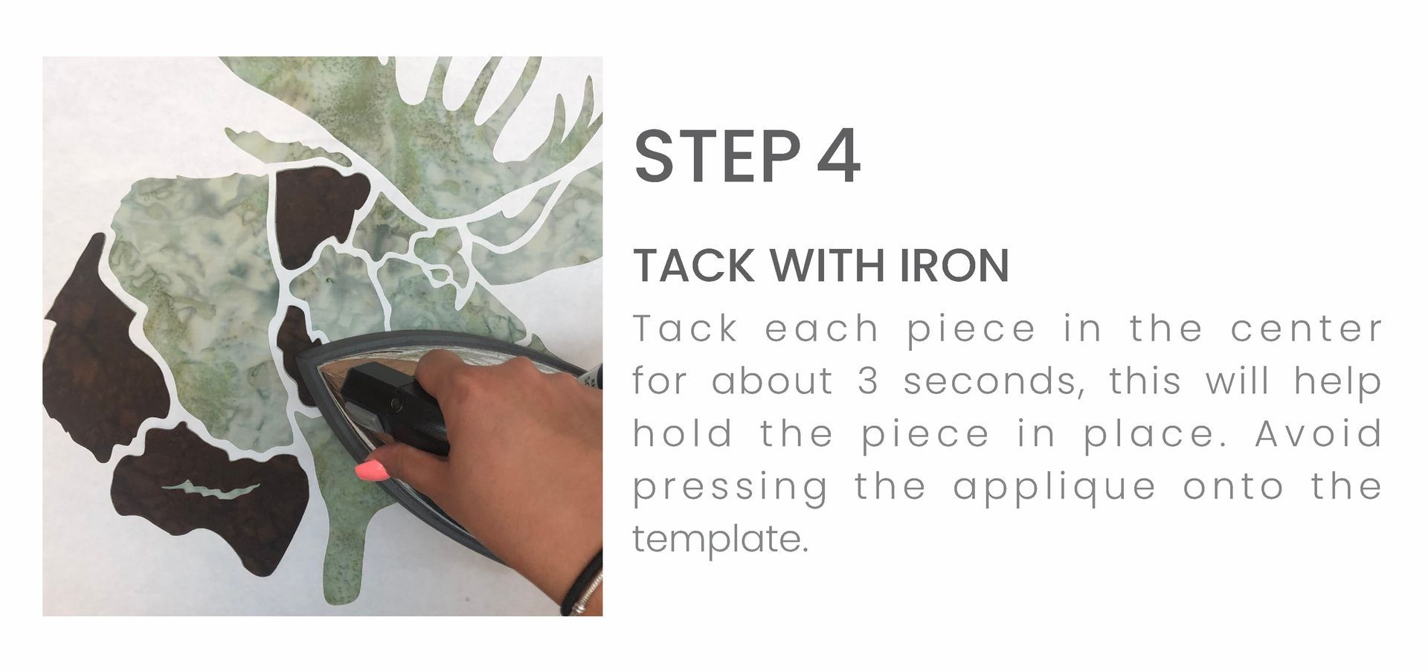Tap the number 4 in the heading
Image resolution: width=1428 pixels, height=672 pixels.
[838, 157]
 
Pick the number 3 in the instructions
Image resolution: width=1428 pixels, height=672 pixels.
[868, 381]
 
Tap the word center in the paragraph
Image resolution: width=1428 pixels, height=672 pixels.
[1306, 329]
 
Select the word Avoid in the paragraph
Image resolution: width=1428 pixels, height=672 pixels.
[1318, 433]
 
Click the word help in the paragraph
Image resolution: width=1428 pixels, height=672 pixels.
[1337, 381]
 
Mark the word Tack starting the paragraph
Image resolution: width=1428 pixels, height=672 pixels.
[684, 329]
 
